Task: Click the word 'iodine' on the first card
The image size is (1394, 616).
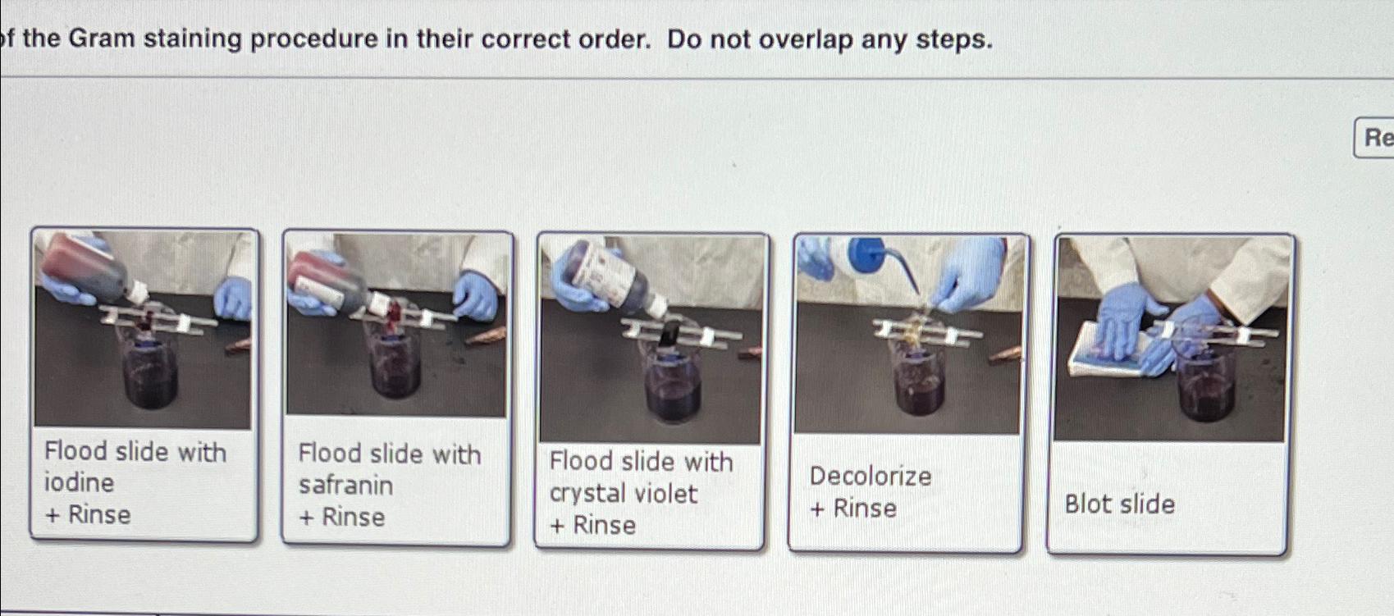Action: pyautogui.click(x=79, y=482)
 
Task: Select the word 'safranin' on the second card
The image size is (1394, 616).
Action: pyautogui.click(x=345, y=485)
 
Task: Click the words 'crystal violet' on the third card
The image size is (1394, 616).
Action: pyautogui.click(x=623, y=493)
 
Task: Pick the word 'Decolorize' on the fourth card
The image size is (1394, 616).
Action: pyautogui.click(x=871, y=476)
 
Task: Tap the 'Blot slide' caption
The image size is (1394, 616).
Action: pyautogui.click(x=1119, y=504)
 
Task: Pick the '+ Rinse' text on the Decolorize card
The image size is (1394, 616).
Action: pyautogui.click(x=853, y=509)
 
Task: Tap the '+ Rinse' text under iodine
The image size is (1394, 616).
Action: pyautogui.click(x=88, y=514)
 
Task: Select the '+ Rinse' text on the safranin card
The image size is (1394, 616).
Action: pyautogui.click(x=341, y=517)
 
